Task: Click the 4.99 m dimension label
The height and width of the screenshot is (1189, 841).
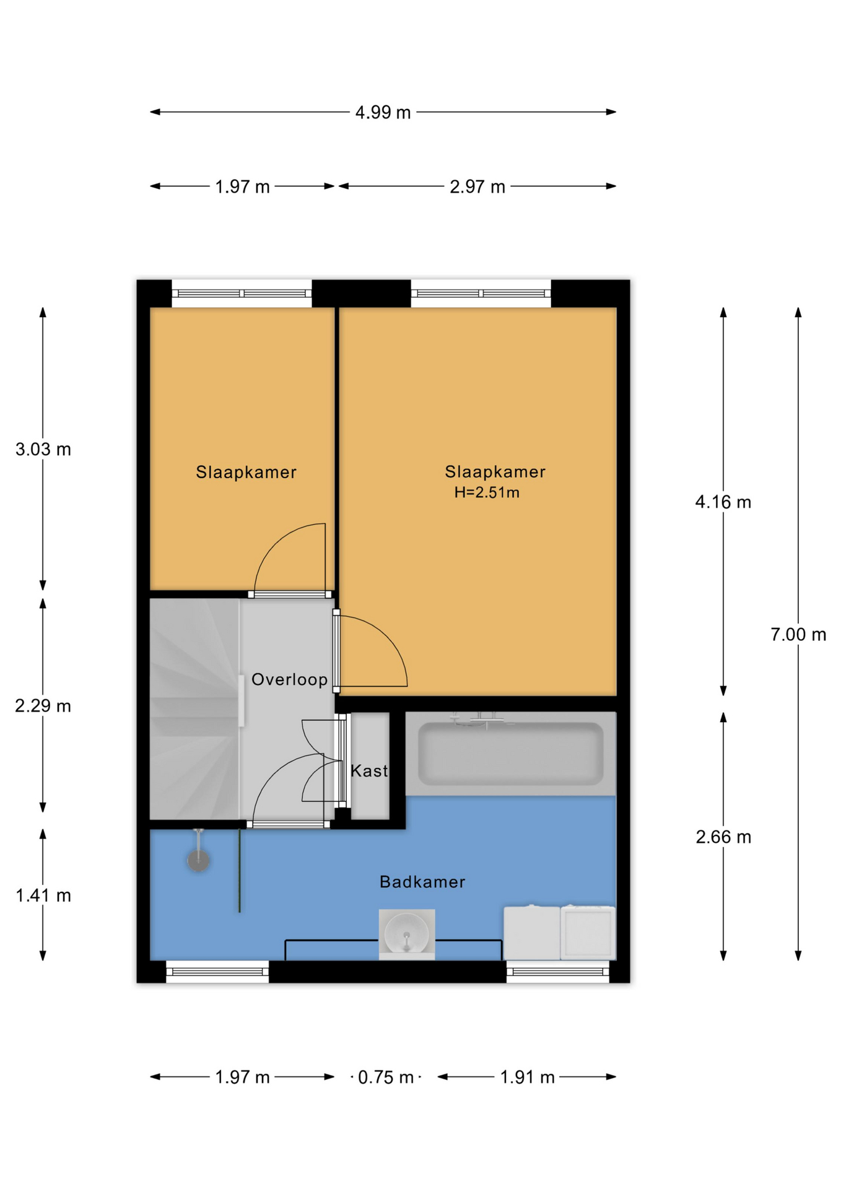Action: point(383,113)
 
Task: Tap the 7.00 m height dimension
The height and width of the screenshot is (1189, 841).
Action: point(798,635)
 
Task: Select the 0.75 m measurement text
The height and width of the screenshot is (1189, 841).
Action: point(385,1078)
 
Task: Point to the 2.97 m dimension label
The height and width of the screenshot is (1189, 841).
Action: point(477,187)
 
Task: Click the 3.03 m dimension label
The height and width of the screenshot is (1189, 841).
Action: point(43,450)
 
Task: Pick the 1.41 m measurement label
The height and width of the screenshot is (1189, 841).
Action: point(43,895)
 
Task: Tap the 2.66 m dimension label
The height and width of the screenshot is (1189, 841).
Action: point(723,837)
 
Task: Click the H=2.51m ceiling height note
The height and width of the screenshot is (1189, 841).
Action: point(487,493)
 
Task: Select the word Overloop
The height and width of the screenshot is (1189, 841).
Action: point(289,680)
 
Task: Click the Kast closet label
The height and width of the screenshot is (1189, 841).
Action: point(369,771)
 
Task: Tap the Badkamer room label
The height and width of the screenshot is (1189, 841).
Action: point(422,882)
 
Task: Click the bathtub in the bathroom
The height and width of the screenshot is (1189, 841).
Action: point(511,754)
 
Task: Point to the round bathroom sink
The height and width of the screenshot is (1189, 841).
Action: point(406,934)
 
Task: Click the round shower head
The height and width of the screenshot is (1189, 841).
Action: point(199,860)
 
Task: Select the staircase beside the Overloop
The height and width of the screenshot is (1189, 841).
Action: point(194,709)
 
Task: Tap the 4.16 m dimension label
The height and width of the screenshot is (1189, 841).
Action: point(723,502)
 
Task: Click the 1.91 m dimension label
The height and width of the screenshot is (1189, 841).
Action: point(527,1078)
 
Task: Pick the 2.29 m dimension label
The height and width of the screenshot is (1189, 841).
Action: point(43,706)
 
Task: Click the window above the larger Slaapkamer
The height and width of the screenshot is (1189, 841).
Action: point(481,294)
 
